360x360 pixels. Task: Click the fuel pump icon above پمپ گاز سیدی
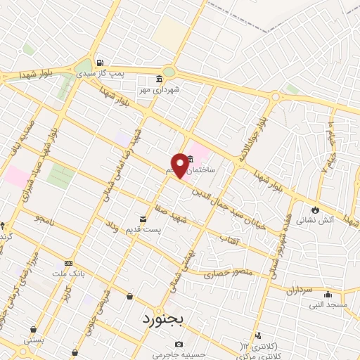coord(100,62)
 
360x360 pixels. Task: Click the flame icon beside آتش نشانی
coord(315,209)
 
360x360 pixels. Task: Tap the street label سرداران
coord(297,289)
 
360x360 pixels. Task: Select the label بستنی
coord(33,340)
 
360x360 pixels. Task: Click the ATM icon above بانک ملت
coord(68,262)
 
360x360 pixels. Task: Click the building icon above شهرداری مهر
coord(160,78)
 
